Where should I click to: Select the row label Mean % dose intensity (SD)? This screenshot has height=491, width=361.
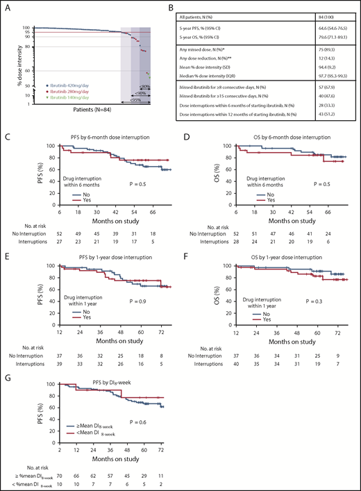pyautogui.click(x=228, y=61)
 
